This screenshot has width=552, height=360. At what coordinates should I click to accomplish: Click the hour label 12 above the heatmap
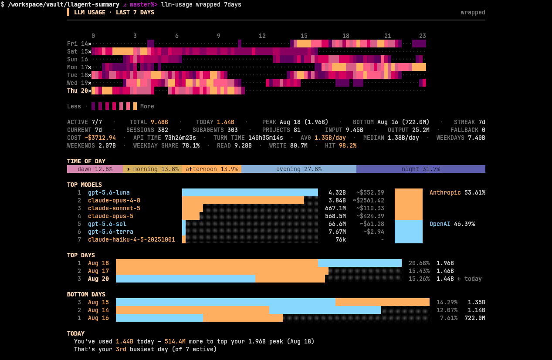click(x=262, y=36)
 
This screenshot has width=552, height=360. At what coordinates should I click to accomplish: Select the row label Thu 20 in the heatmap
click(x=78, y=91)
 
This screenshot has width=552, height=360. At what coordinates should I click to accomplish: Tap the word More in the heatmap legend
click(x=147, y=106)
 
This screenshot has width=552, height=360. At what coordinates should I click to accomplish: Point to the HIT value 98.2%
click(x=348, y=145)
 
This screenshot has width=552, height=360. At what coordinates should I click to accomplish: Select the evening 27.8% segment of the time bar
click(x=299, y=169)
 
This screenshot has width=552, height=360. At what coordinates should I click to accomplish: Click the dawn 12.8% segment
click(x=95, y=169)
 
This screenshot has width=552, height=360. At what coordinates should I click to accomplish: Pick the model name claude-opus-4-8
click(x=114, y=200)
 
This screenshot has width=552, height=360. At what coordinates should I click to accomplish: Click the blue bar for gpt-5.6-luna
click(x=250, y=192)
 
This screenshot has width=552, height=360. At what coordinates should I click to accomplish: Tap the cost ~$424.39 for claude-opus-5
click(x=370, y=216)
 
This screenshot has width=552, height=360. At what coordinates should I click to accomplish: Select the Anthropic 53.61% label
click(x=457, y=192)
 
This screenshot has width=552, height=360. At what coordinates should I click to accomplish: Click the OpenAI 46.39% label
click(x=452, y=224)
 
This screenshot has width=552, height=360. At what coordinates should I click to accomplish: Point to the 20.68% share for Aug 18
click(x=419, y=263)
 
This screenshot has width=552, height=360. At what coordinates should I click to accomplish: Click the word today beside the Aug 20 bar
click(x=473, y=279)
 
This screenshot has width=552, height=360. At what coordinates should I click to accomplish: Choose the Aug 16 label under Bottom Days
click(x=98, y=318)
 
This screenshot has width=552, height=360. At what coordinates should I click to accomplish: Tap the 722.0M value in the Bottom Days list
click(x=474, y=318)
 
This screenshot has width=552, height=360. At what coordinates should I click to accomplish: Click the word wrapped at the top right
click(x=473, y=12)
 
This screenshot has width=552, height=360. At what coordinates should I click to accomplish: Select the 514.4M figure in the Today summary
click(x=175, y=341)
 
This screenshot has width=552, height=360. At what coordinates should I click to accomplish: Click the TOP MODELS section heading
click(x=84, y=185)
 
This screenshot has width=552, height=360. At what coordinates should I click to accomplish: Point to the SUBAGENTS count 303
click(x=232, y=130)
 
